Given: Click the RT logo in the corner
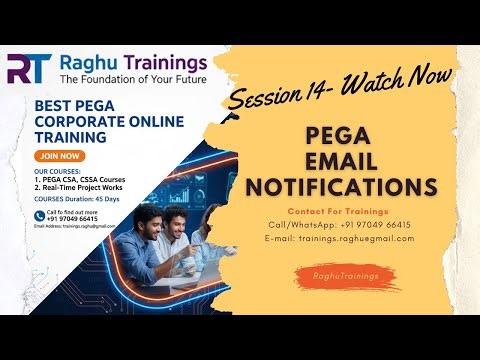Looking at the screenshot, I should pyautogui.click(x=30, y=68).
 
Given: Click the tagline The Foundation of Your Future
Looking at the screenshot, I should pyautogui.click(x=133, y=78).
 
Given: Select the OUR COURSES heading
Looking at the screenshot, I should pyautogui.click(x=58, y=169).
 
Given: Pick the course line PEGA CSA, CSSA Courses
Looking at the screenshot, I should pyautogui.click(x=81, y=178).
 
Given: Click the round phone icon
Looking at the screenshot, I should pyautogui.click(x=38, y=216).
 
